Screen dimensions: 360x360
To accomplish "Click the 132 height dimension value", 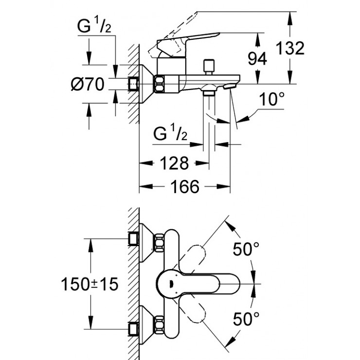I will click(290, 48).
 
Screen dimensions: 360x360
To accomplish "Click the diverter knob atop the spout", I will click(211, 65).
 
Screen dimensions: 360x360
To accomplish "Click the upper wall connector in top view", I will click(133, 239).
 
